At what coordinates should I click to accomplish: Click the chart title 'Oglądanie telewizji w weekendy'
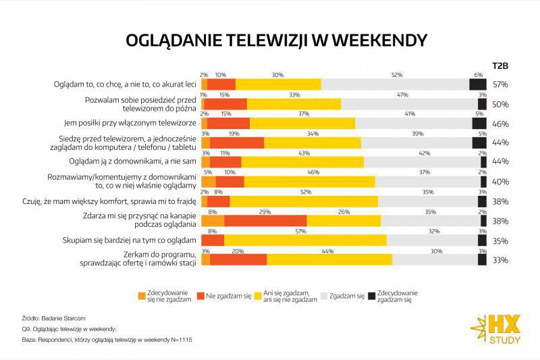277,40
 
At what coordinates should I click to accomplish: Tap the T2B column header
500,66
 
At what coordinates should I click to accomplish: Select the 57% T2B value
500,84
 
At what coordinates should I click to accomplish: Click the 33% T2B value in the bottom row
500,260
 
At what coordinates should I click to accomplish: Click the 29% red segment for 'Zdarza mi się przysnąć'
265,221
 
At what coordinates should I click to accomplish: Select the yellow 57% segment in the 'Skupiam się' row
305,240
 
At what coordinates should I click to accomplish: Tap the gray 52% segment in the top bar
395,84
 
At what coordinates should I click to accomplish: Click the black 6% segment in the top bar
478,84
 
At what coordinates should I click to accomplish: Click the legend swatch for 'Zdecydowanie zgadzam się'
371,296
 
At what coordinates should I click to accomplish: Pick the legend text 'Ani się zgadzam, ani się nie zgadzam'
292,296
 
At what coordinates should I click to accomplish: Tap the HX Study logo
496,328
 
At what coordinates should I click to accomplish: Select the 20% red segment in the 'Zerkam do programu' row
238,260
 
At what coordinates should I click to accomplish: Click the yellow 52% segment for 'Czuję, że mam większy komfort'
304,201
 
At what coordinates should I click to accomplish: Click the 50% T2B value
500,104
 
